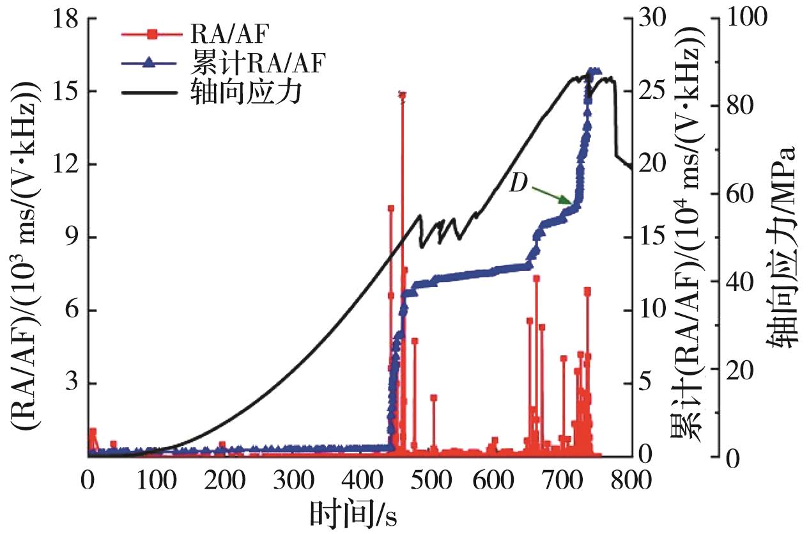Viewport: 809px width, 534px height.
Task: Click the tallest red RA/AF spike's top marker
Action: (402, 95)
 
